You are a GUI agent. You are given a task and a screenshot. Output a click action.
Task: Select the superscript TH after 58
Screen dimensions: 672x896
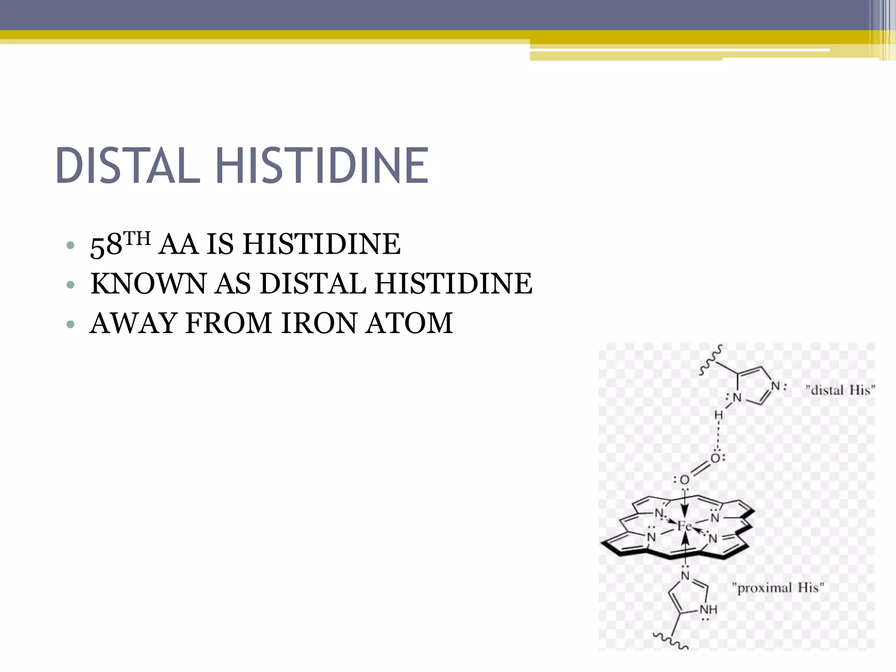point(137,238)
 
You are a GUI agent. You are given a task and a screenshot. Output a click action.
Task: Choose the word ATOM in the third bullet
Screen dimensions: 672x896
point(409,323)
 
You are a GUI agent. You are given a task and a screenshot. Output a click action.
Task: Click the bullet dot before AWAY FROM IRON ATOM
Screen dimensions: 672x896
point(70,325)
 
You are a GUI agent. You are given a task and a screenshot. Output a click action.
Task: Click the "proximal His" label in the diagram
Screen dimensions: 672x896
point(778,588)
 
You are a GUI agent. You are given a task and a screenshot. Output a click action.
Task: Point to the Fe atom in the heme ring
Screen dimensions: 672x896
point(685,526)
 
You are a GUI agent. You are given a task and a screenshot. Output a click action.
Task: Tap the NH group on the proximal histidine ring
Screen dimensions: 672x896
point(708,609)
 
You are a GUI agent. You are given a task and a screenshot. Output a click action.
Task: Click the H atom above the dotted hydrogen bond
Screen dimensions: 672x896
point(718,415)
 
